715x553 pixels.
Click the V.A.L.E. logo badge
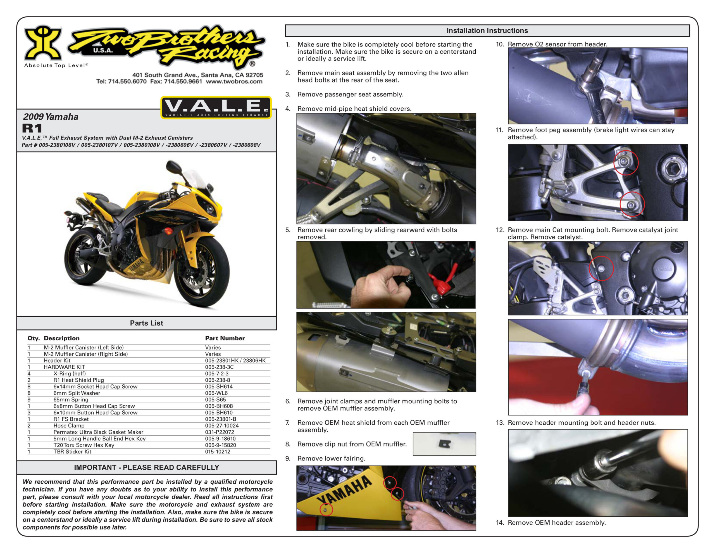click(x=216, y=107)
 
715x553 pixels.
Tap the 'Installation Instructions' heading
click(x=487, y=30)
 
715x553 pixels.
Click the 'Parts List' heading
click(x=146, y=323)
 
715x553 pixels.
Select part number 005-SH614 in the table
click(x=219, y=386)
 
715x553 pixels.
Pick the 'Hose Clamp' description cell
click(x=69, y=426)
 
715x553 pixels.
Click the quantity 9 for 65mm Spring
click(x=29, y=400)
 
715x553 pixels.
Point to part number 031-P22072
click(x=219, y=432)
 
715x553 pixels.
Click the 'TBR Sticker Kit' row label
click(x=72, y=452)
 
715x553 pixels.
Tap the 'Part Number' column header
click(x=225, y=338)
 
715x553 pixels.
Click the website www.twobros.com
click(x=234, y=81)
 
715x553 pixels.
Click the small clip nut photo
click(x=444, y=444)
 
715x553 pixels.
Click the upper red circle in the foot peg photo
click(x=626, y=163)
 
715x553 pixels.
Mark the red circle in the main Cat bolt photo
click(x=601, y=268)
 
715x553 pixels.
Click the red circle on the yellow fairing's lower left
click(x=326, y=509)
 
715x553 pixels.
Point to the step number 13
click(x=500, y=422)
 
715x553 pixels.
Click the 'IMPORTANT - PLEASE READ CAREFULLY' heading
click(x=146, y=467)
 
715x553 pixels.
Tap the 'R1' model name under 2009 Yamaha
click(x=32, y=128)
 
